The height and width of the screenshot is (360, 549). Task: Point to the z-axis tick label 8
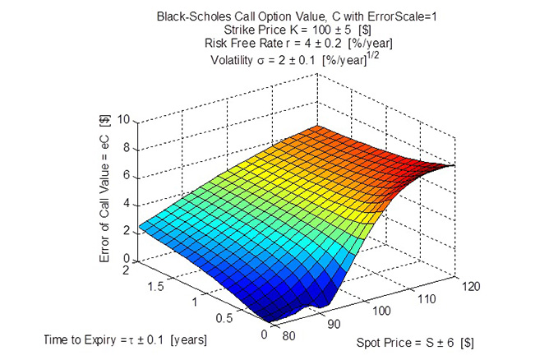127,148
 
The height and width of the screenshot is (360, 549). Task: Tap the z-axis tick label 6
127,176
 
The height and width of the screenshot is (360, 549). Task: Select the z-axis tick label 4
127,204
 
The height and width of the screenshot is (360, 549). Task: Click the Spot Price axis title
414,341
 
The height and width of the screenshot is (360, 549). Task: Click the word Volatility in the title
238,60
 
